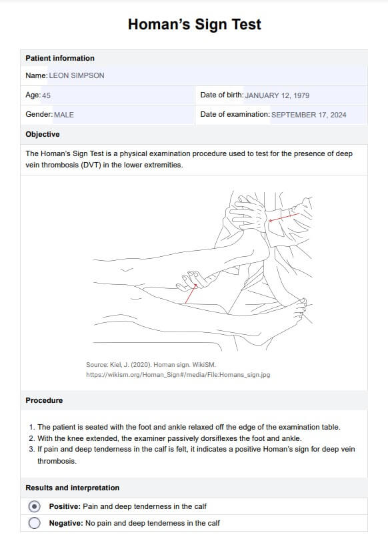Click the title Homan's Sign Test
195,24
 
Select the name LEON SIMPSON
77,75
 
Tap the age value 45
47,95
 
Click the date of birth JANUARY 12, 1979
277,95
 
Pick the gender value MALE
64,115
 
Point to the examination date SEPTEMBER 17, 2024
309,115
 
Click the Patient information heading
60,58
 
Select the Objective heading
43,134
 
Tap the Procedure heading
44,400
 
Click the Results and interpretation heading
72,488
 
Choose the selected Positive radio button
35,506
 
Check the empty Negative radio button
35,523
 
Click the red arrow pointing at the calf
191,294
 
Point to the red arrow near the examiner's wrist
284,217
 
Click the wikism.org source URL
178,375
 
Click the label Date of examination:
235,115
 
